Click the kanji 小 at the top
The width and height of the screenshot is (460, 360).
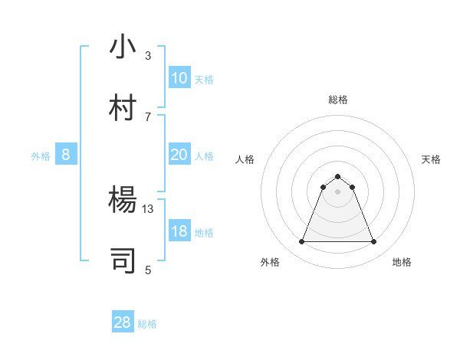coord(123,47)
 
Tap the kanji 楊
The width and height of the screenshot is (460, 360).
coord(123,200)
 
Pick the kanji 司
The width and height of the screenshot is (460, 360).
coord(123,260)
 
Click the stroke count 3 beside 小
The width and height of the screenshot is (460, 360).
coord(148,55)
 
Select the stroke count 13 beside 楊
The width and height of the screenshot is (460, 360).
coord(148,208)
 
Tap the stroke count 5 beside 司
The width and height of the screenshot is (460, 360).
coord(148,269)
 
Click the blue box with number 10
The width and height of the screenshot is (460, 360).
coord(179,78)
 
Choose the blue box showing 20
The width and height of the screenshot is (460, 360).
coord(179,155)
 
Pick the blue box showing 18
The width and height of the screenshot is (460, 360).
coord(179,231)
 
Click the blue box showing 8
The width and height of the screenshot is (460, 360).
coord(66,155)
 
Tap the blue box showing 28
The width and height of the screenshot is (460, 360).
coord(123,322)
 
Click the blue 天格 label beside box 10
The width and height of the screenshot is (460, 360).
coord(204,80)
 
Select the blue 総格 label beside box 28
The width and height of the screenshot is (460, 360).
coord(147,324)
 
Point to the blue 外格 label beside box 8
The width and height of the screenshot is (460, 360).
coord(41,156)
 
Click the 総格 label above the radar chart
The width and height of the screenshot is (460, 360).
coord(337,100)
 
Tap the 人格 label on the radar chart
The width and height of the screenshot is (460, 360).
coord(245,159)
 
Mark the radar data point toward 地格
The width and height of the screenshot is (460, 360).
coord(373,242)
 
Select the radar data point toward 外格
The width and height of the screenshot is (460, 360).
coord(301,242)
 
